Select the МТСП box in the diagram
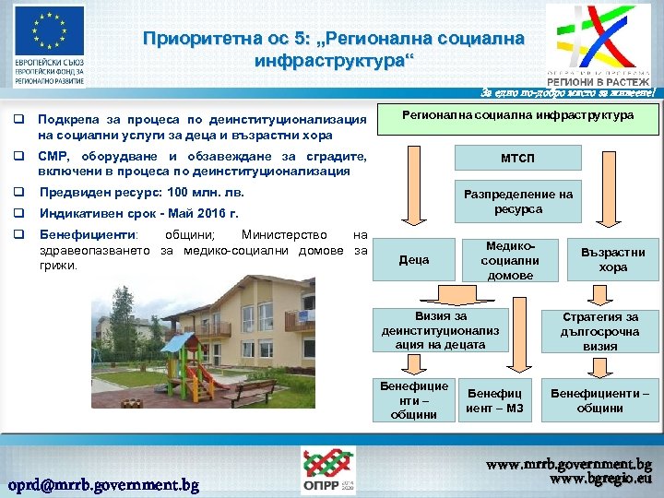point(516,159)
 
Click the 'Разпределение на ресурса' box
point(516,202)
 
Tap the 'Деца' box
point(413,260)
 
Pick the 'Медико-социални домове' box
point(510,261)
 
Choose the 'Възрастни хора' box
point(612,260)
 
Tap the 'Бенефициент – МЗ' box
point(494,401)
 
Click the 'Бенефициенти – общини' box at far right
point(599,401)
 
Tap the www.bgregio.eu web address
point(600,480)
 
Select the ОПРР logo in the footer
point(327,470)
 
